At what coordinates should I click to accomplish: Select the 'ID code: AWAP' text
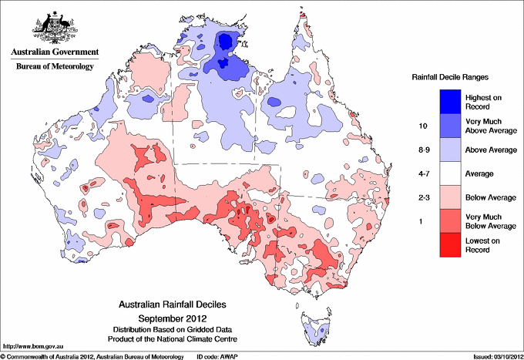217,356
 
